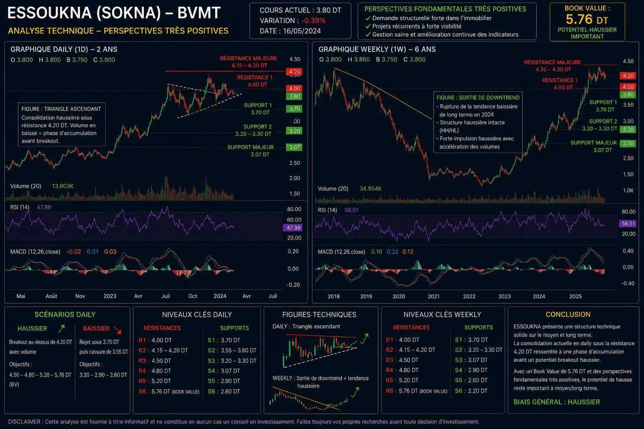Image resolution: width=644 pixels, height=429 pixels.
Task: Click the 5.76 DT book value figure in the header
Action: tap(587, 20)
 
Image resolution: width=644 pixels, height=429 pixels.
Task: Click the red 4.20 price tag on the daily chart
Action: tap(294, 72)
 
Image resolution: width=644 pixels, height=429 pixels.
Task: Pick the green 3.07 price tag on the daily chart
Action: tap(294, 147)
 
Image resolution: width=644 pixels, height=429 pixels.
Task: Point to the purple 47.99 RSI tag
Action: tap(293, 228)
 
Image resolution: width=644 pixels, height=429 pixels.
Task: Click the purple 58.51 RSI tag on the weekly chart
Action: tap(628, 224)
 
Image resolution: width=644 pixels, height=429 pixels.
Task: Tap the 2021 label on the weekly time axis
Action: tap(433, 296)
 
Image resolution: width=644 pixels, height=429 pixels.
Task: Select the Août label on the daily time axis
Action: tap(51, 296)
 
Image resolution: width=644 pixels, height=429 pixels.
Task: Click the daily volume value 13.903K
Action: tap(62, 186)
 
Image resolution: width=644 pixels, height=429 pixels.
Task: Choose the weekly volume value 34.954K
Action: tap(370, 189)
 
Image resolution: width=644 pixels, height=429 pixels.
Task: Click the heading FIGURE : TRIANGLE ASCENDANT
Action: tap(61, 109)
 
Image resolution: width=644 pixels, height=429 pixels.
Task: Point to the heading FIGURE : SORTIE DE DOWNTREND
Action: tap(478, 98)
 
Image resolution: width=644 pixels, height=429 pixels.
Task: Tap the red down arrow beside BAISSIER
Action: tap(117, 330)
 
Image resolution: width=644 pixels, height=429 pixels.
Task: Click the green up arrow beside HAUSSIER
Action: tap(62, 328)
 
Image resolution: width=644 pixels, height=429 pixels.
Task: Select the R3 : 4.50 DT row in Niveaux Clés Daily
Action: tap(155, 361)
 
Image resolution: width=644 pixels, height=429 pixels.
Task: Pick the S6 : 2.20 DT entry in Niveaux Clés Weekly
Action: tap(471, 391)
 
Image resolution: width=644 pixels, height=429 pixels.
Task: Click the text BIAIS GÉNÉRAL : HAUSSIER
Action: tap(557, 402)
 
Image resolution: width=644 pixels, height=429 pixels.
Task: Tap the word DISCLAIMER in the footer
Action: tap(24, 422)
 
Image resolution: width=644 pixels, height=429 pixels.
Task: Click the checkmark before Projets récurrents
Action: tap(368, 26)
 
